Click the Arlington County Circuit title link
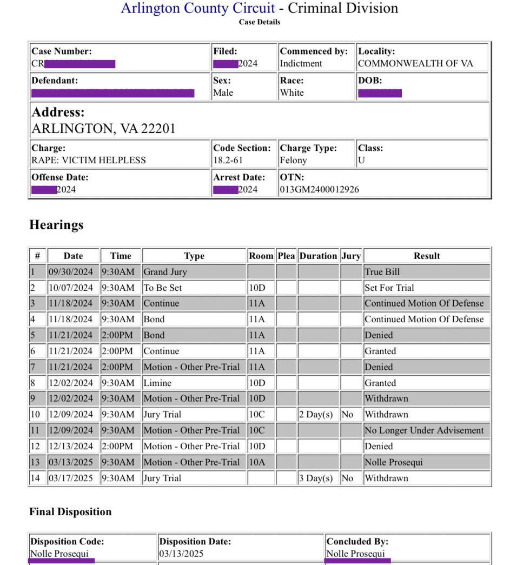pos(198,8)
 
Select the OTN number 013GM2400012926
pos(319,189)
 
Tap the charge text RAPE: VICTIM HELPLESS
pos(89,160)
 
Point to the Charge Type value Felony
pos(293,160)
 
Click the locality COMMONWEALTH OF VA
pos(415,63)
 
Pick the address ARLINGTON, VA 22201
pos(103,129)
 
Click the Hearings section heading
pos(56,225)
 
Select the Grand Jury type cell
pos(164,271)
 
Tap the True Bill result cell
pos(382,271)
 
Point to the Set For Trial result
pos(389,288)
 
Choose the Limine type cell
pos(157,383)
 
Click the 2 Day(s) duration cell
pos(316,415)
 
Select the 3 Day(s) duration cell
pos(316,478)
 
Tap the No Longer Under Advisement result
pos(424,430)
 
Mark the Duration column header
pos(318,256)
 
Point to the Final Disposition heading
pos(70,511)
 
